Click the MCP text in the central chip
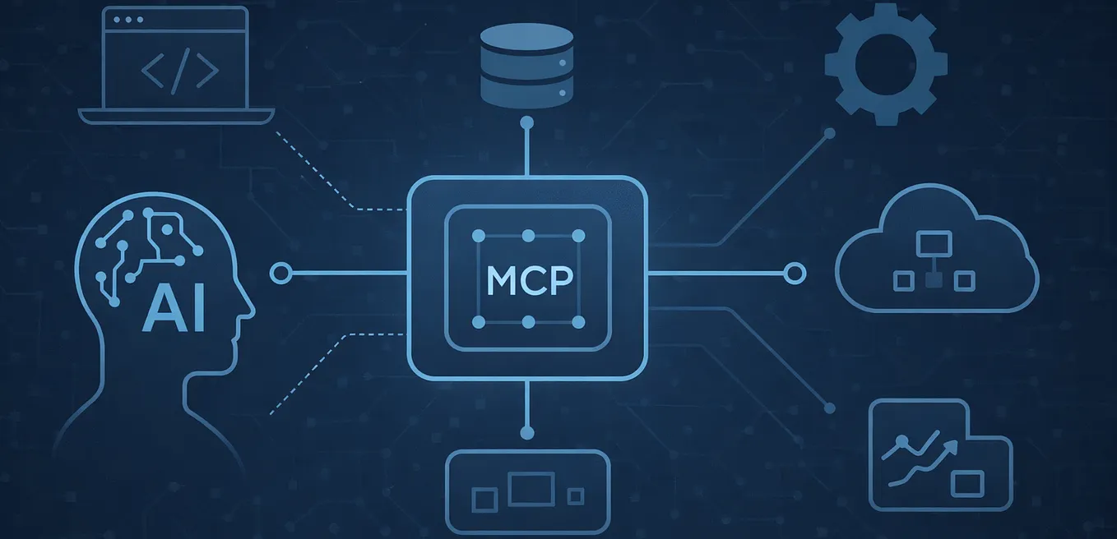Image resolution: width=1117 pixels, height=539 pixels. point(530,281)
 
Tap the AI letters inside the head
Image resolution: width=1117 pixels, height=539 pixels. point(174,311)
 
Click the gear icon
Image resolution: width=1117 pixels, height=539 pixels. point(886,64)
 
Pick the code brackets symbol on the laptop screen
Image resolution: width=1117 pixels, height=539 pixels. point(180,70)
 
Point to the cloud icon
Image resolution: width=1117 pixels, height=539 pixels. point(937,249)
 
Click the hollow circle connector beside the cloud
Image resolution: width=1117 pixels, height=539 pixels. point(795,274)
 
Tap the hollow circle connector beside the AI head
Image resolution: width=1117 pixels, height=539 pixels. point(280,273)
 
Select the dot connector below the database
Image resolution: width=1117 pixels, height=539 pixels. point(527,122)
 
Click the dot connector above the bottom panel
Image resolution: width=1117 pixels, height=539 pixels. point(527,432)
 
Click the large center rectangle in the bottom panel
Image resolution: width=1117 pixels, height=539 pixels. point(531,489)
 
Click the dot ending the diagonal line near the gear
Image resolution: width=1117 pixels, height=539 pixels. point(830,133)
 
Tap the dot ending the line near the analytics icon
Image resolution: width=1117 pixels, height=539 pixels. point(830,408)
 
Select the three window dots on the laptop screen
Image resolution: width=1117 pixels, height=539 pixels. point(128,20)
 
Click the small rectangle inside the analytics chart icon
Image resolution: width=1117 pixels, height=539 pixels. point(967,484)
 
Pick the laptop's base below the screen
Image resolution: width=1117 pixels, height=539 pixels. point(177,117)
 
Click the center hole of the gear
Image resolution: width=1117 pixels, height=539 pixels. point(886,64)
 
